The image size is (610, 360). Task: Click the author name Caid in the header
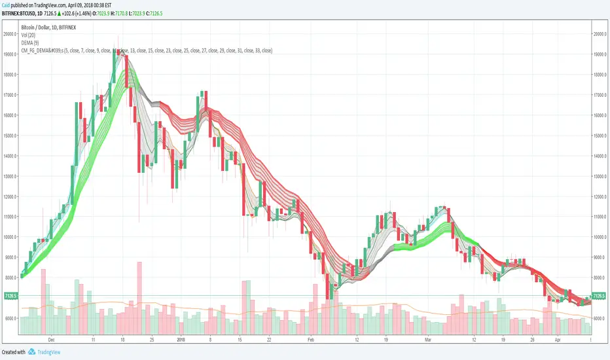[x=7, y=4]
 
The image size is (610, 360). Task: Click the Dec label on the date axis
[x=52, y=340]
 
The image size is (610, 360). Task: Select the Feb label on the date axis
[x=312, y=340]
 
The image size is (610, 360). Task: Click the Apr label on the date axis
[x=558, y=340]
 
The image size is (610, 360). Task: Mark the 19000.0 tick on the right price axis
[x=600, y=54]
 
